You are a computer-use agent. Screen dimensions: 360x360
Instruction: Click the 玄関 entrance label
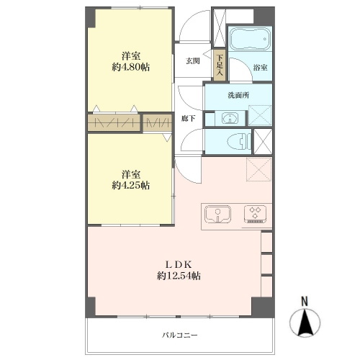(193, 61)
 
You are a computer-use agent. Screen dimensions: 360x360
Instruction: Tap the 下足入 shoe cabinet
(220, 65)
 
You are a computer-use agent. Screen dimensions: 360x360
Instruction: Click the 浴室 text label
(260, 68)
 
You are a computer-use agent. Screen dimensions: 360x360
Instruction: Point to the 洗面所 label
(238, 95)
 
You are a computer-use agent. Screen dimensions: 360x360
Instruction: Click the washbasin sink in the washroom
(230, 118)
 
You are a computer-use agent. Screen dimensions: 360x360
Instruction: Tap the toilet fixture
(239, 142)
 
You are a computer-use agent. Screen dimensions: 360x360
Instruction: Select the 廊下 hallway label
(188, 118)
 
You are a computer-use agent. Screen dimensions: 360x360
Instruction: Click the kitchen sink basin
(217, 214)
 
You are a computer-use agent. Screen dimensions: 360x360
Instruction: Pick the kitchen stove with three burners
(255, 214)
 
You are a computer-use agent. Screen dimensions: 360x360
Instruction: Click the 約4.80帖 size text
(131, 67)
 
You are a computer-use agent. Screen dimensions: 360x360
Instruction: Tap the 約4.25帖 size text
(131, 185)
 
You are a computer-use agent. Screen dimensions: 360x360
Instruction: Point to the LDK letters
(179, 265)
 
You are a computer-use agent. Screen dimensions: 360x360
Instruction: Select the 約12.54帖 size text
(179, 276)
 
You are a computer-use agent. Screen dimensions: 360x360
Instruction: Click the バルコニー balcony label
(180, 335)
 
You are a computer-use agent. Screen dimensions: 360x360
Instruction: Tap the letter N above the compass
(305, 302)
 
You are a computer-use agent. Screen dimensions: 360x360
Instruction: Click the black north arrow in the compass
(305, 323)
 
